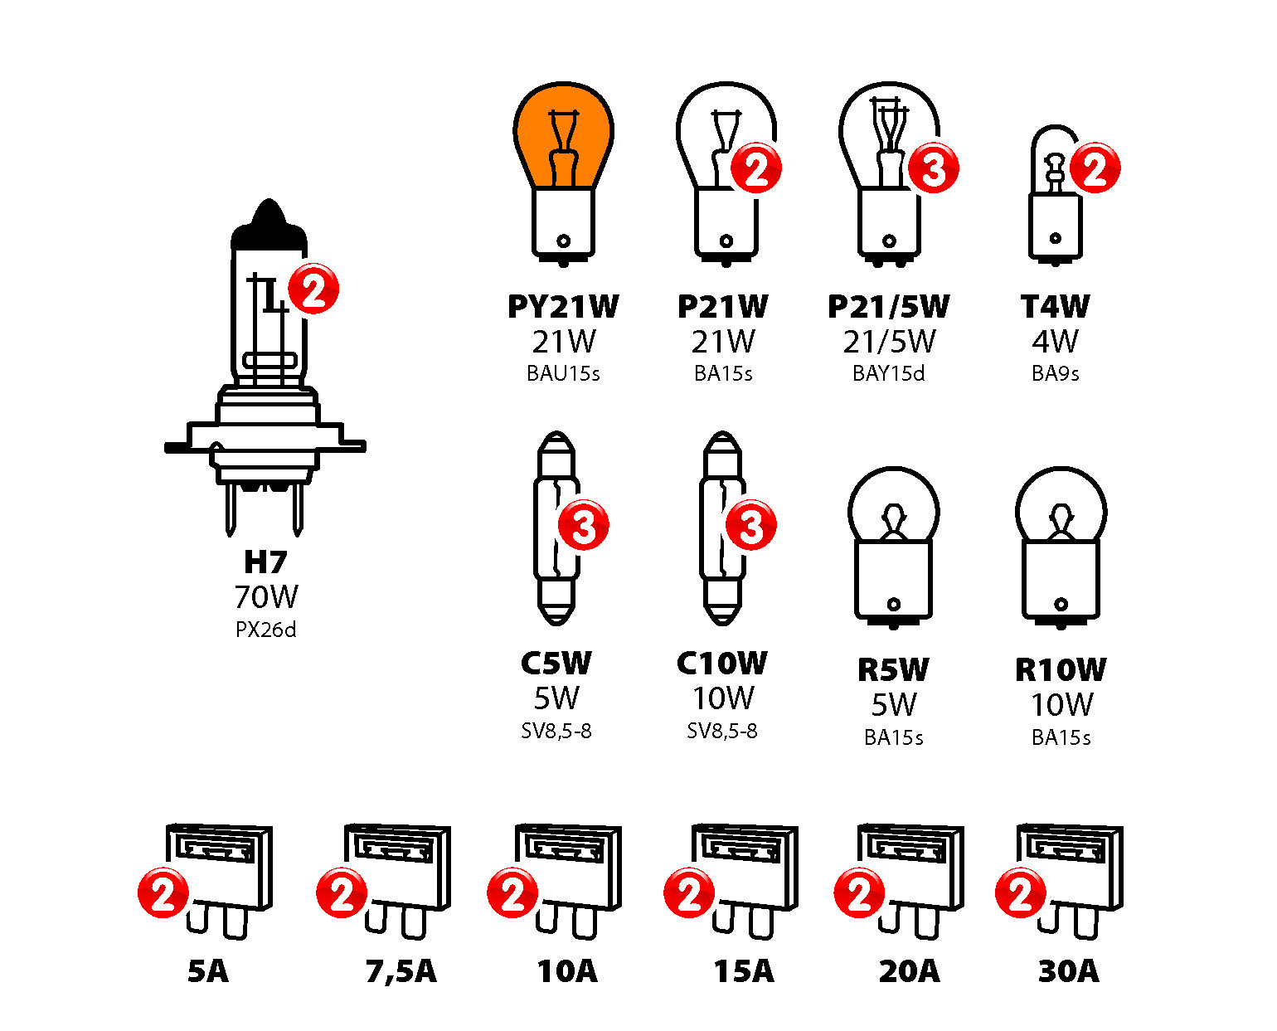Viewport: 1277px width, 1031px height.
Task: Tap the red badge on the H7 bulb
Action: point(313,289)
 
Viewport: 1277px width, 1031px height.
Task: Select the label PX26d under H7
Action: point(265,630)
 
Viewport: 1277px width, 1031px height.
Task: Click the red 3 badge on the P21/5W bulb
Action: point(934,168)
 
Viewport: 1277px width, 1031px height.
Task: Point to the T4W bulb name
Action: point(1055,307)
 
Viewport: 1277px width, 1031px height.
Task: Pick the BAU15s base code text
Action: point(563,374)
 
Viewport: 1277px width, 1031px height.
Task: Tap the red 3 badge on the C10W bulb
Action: point(750,525)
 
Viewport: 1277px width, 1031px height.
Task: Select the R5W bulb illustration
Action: point(893,547)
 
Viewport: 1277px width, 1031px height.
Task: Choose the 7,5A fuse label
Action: point(401,971)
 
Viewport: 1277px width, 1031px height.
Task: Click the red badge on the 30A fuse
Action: point(1020,892)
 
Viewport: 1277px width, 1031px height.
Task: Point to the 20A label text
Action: point(909,971)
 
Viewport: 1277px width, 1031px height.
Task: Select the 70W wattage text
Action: point(265,597)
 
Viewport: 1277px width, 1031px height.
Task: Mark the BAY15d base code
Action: point(888,374)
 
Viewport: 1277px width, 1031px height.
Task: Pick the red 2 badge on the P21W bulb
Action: point(756,168)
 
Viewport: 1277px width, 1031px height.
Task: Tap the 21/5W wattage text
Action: point(889,342)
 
